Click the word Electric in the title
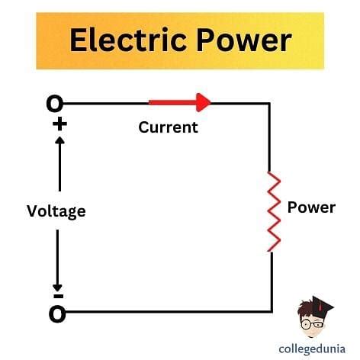pyautogui.click(x=128, y=40)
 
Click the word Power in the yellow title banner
pyautogui.click(x=244, y=40)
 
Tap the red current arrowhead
pyautogui.click(x=204, y=102)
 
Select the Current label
pyautogui.click(x=168, y=127)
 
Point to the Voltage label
pyautogui.click(x=56, y=211)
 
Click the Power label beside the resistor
pyautogui.click(x=311, y=207)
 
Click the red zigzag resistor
pyautogui.click(x=274, y=211)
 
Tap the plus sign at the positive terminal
pyautogui.click(x=59, y=124)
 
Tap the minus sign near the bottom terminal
pyautogui.click(x=59, y=296)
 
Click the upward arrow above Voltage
pyautogui.click(x=59, y=164)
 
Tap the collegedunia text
pyautogui.click(x=312, y=349)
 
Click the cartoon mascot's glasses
pyautogui.click(x=312, y=324)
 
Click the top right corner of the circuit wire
pyautogui.click(x=269, y=104)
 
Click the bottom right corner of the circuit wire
pyautogui.click(x=272, y=311)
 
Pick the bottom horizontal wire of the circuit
pyautogui.click(x=169, y=311)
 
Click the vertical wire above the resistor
pyautogui.click(x=269, y=137)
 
